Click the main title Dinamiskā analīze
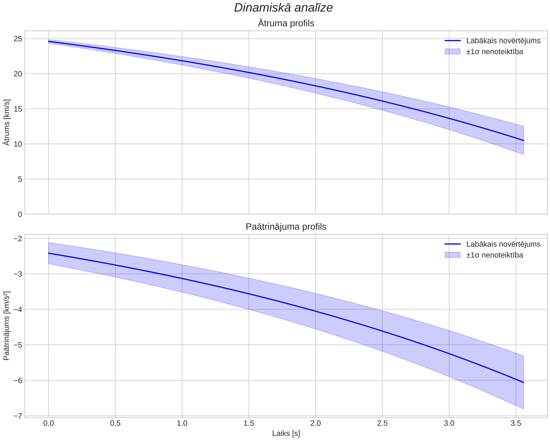(x=283, y=8)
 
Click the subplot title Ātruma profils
(x=286, y=23)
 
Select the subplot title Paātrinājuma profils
(x=286, y=227)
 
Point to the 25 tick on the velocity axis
(x=18, y=39)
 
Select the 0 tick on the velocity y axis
(x=20, y=214)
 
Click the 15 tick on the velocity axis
(x=18, y=109)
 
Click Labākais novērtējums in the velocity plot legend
(x=503, y=41)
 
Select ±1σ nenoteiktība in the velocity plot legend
(x=495, y=52)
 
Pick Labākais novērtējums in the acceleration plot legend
(x=503, y=244)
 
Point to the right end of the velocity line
(x=524, y=141)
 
